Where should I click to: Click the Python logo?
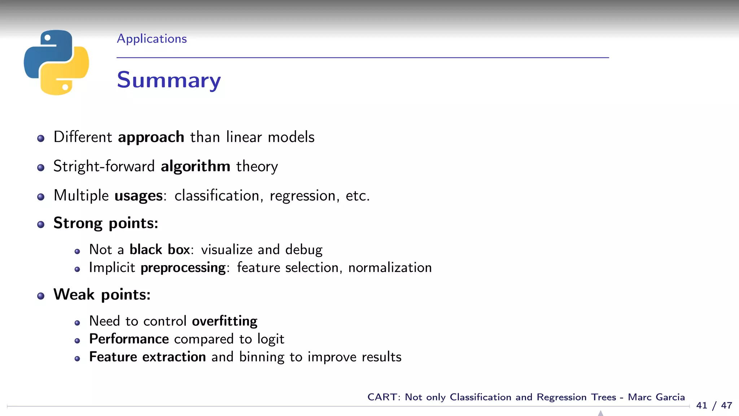(56, 62)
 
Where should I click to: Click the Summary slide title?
(169, 80)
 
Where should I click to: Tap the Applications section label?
(152, 39)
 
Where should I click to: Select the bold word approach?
(151, 138)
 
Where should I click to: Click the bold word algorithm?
(195, 166)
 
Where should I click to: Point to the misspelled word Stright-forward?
(104, 166)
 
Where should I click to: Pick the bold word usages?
(139, 196)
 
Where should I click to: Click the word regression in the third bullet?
(302, 196)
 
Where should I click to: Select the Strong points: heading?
(106, 224)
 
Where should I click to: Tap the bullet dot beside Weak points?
(41, 296)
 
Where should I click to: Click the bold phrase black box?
(159, 250)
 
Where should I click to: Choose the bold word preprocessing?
(183, 268)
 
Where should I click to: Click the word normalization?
(390, 268)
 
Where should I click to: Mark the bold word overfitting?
(224, 321)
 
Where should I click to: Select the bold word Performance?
(129, 339)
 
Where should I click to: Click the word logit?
(271, 339)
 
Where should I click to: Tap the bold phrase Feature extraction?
(147, 357)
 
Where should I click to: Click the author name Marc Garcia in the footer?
(656, 397)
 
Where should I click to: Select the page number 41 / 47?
(714, 406)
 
